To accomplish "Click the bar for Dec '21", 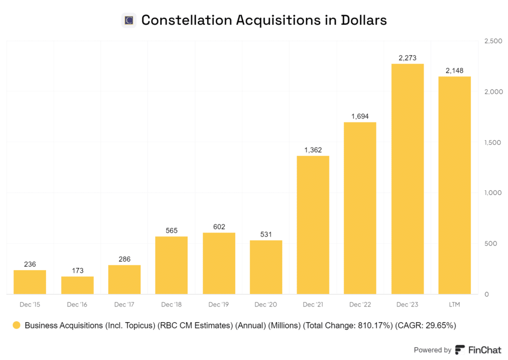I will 313,225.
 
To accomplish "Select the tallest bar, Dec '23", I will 407,179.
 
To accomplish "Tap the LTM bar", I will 454,185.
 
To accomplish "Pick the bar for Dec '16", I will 77,285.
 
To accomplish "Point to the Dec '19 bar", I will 219,263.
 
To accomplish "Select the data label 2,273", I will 407,58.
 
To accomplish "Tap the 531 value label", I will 266,235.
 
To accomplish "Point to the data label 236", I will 30,264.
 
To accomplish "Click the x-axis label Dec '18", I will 171,304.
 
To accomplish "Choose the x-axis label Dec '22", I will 360,304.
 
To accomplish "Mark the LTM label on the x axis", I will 454,304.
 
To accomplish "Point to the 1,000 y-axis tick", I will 493,193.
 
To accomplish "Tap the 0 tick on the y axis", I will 487,294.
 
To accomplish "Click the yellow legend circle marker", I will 16,326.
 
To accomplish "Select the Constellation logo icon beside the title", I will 129,20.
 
